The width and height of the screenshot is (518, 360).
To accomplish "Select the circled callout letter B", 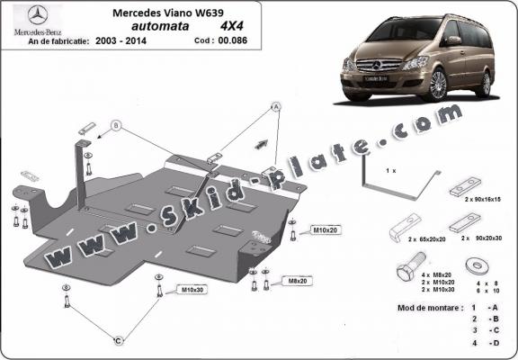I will point(115,124).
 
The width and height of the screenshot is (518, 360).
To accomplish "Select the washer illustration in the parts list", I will point(475,267).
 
